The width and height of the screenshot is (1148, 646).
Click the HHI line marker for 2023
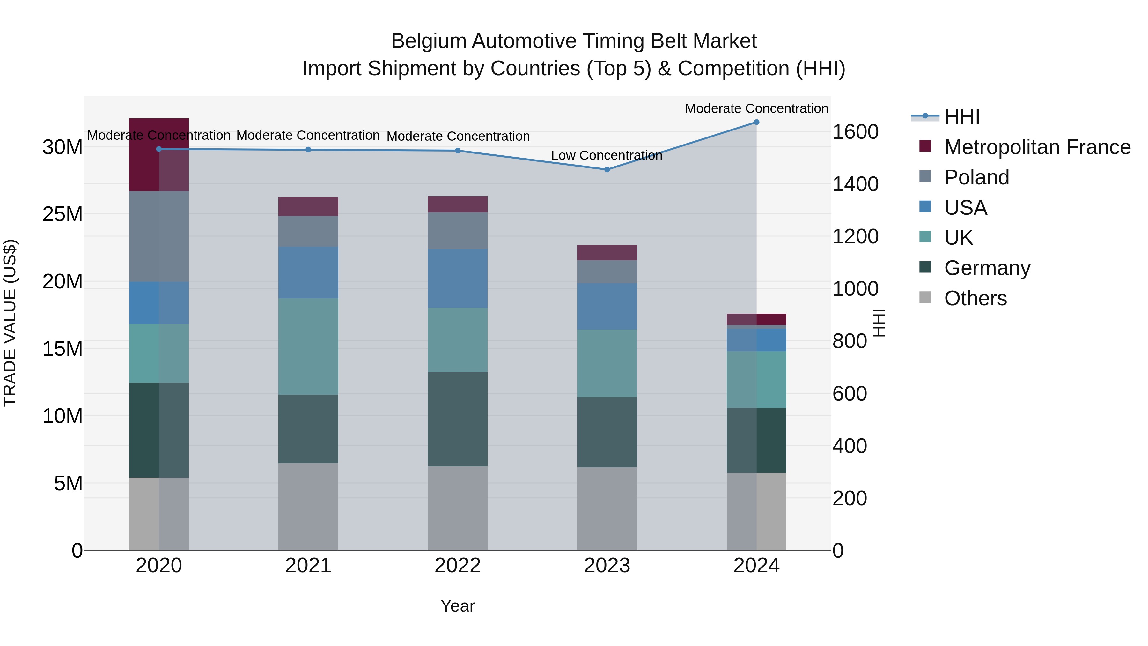[x=607, y=169]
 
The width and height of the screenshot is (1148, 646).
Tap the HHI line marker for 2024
[x=756, y=122]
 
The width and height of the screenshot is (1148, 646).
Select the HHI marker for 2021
[x=308, y=150]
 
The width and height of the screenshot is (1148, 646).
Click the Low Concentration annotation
[x=606, y=156]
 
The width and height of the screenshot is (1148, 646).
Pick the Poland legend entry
[x=976, y=177]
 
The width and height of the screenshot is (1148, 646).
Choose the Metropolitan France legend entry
[x=1037, y=147]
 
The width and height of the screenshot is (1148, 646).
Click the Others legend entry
[x=975, y=298]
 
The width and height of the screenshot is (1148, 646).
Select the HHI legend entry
[x=962, y=117]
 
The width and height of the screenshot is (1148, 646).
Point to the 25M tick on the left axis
[x=63, y=214]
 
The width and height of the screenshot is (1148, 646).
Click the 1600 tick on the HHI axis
[x=855, y=132]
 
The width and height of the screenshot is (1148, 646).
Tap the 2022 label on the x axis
[x=457, y=566]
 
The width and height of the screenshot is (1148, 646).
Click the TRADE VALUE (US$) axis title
[x=10, y=323]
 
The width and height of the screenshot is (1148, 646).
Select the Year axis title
[x=457, y=606]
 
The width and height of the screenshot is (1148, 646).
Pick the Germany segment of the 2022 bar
[x=457, y=419]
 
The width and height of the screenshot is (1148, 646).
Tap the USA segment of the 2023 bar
[x=607, y=306]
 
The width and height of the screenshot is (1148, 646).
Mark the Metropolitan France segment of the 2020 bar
[x=159, y=155]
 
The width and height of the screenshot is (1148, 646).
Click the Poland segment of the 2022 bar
[x=457, y=231]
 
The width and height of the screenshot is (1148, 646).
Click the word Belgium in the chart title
[x=428, y=41]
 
